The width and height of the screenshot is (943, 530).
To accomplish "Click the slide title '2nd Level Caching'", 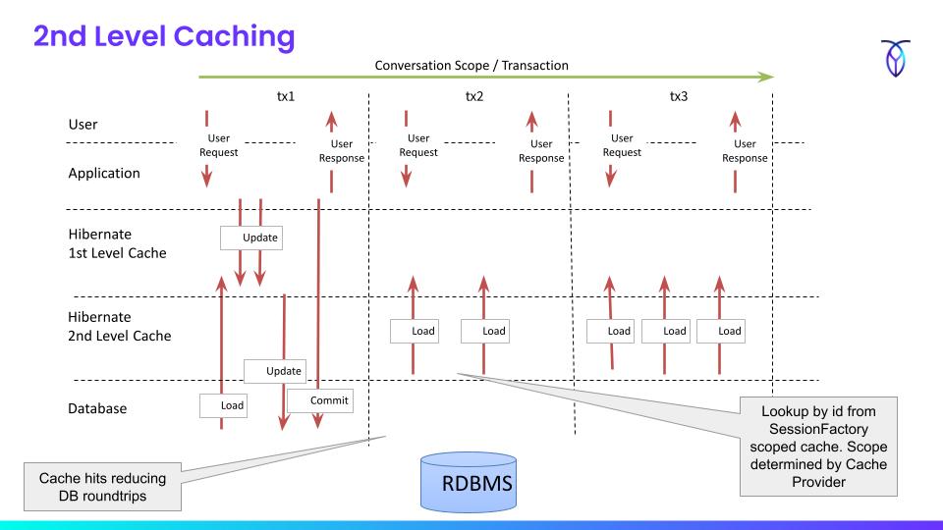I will point(163,37).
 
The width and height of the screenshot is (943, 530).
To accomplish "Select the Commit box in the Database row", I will point(319,400).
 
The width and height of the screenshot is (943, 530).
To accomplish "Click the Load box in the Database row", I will point(223,404).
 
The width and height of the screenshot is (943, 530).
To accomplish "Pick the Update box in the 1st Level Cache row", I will point(250,238).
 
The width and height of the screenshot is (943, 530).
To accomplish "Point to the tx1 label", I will point(285,97).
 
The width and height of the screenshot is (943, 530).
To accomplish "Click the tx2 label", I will point(475,97).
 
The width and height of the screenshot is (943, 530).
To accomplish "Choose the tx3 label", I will point(678,97).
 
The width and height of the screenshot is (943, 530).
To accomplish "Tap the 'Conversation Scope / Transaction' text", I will point(471,66).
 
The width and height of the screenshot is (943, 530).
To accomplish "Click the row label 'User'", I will point(84,126).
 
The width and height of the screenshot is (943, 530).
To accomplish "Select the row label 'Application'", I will point(104,174).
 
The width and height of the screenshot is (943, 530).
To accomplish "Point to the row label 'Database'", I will point(97,408).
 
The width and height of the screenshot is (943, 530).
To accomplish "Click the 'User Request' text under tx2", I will point(418,145).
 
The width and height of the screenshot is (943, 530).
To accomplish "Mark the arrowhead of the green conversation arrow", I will point(766,77).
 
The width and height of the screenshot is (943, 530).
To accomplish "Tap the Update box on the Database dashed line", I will point(275,370).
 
